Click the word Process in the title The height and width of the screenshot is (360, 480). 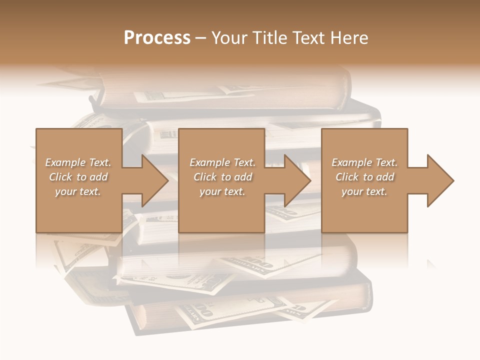click(x=157, y=38)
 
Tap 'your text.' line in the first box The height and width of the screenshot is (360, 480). click(x=78, y=191)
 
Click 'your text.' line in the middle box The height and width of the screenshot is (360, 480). click(x=222, y=191)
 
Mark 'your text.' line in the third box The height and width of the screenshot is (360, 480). click(x=364, y=191)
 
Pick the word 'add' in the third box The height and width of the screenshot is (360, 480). click(x=385, y=177)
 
